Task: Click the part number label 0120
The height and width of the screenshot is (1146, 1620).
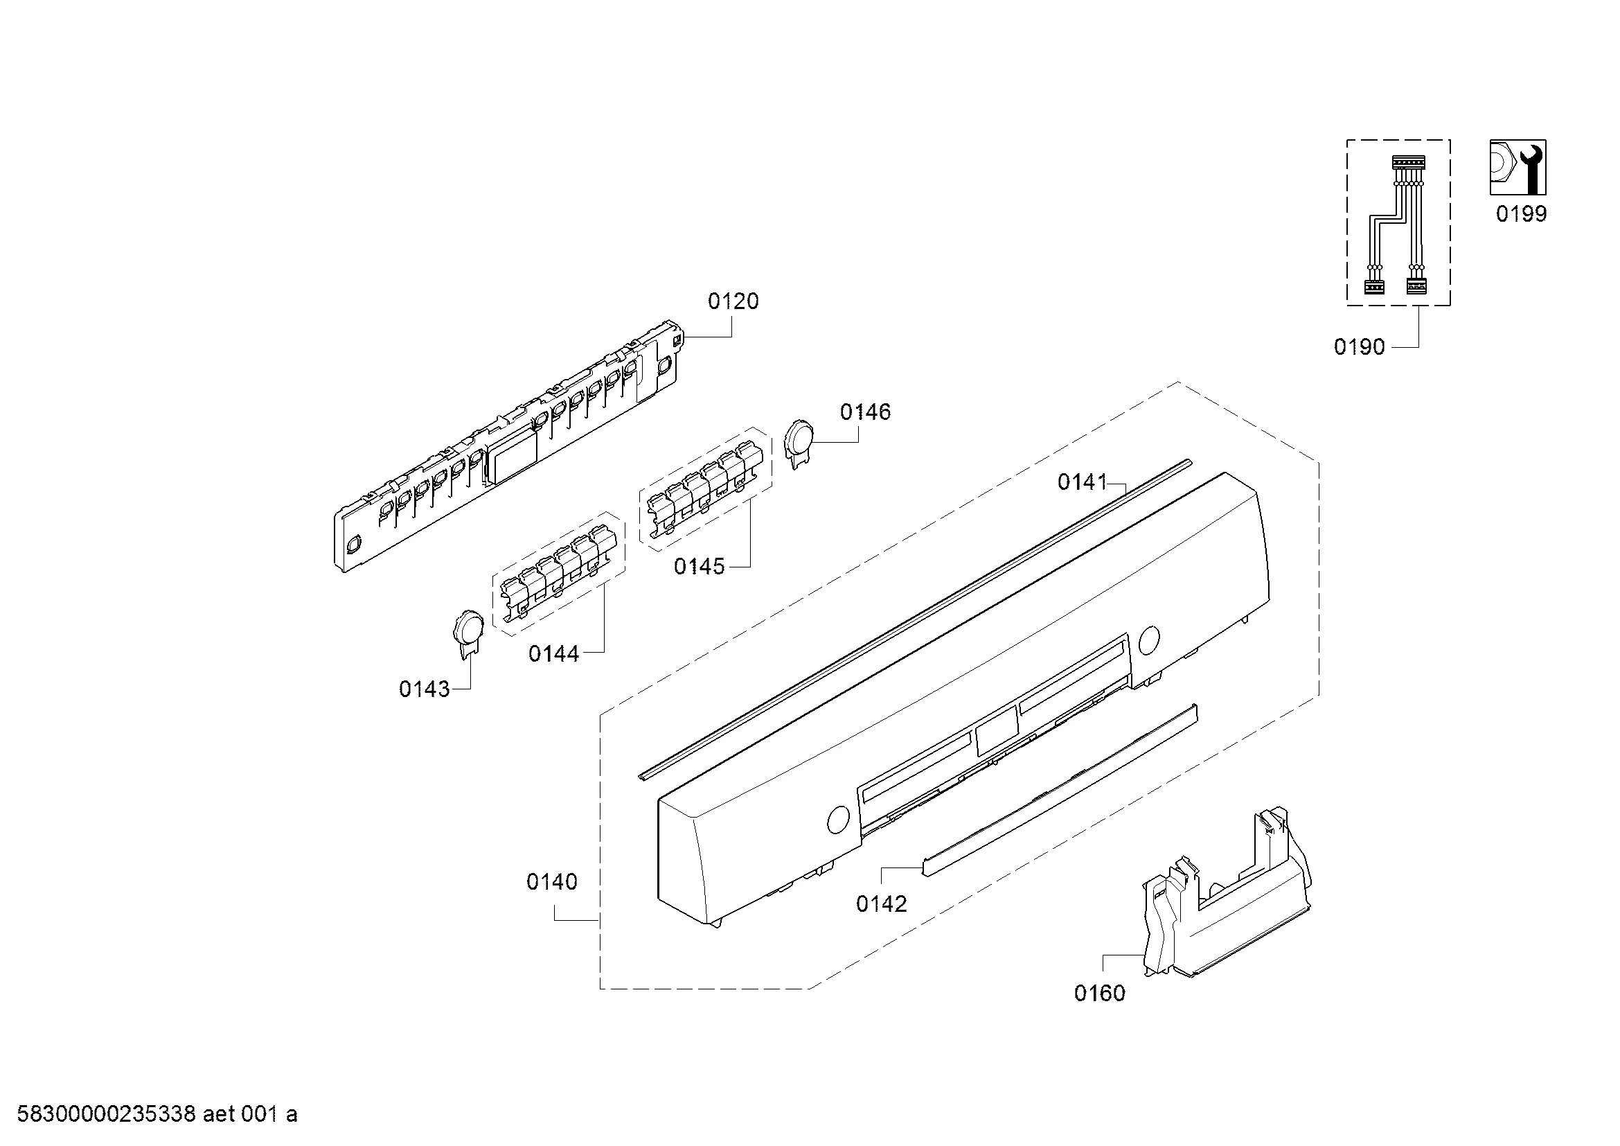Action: point(733,301)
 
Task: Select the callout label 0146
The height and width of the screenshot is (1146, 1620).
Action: point(865,412)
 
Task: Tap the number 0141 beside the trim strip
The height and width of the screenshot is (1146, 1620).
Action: point(1083,483)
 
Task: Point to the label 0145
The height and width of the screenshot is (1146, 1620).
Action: point(700,566)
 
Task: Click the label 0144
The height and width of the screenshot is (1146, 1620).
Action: point(554,654)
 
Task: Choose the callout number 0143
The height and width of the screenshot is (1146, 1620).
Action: point(424,689)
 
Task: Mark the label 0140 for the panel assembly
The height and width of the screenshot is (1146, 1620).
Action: point(552,881)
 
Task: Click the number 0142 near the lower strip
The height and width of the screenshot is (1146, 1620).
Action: point(881,904)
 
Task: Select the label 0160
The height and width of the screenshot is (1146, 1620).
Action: point(1099,994)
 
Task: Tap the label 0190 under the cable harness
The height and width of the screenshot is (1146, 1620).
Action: point(1359,347)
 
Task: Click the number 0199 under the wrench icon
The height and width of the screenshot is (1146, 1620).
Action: point(1521,214)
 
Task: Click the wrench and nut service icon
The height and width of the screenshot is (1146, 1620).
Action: point(1517,167)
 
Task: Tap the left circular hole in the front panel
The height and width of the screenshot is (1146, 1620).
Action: point(837,820)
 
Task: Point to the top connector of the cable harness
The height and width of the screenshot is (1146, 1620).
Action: point(1407,162)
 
